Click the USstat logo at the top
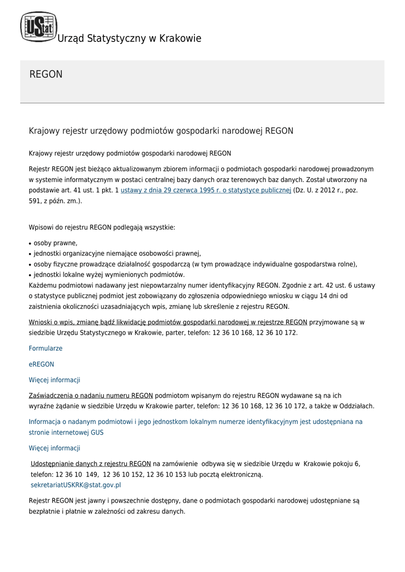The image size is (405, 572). pyautogui.click(x=39, y=27)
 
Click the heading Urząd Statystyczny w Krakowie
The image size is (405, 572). pyautogui.click(x=129, y=39)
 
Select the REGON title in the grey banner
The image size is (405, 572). pyautogui.click(x=46, y=74)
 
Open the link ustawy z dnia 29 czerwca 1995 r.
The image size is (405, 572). pyautogui.click(x=206, y=190)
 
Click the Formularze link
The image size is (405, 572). pyautogui.click(x=46, y=349)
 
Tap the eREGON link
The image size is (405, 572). pyautogui.click(x=41, y=364)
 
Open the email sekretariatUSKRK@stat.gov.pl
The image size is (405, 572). pyautogui.click(x=76, y=485)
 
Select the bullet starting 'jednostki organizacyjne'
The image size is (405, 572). pyautogui.click(x=117, y=254)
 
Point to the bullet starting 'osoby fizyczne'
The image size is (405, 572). pyautogui.click(x=195, y=264)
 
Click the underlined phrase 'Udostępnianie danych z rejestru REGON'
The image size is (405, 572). pyautogui.click(x=90, y=464)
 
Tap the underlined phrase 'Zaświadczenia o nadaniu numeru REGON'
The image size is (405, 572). pyautogui.click(x=91, y=395)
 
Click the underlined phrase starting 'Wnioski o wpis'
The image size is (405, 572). pyautogui.click(x=168, y=322)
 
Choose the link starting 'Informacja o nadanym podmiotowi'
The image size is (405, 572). pyautogui.click(x=196, y=422)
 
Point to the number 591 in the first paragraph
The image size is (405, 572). pyautogui.click(x=35, y=201)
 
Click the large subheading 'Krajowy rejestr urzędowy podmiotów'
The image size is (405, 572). pyautogui.click(x=161, y=131)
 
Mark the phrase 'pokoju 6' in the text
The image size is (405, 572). pyautogui.click(x=346, y=464)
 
